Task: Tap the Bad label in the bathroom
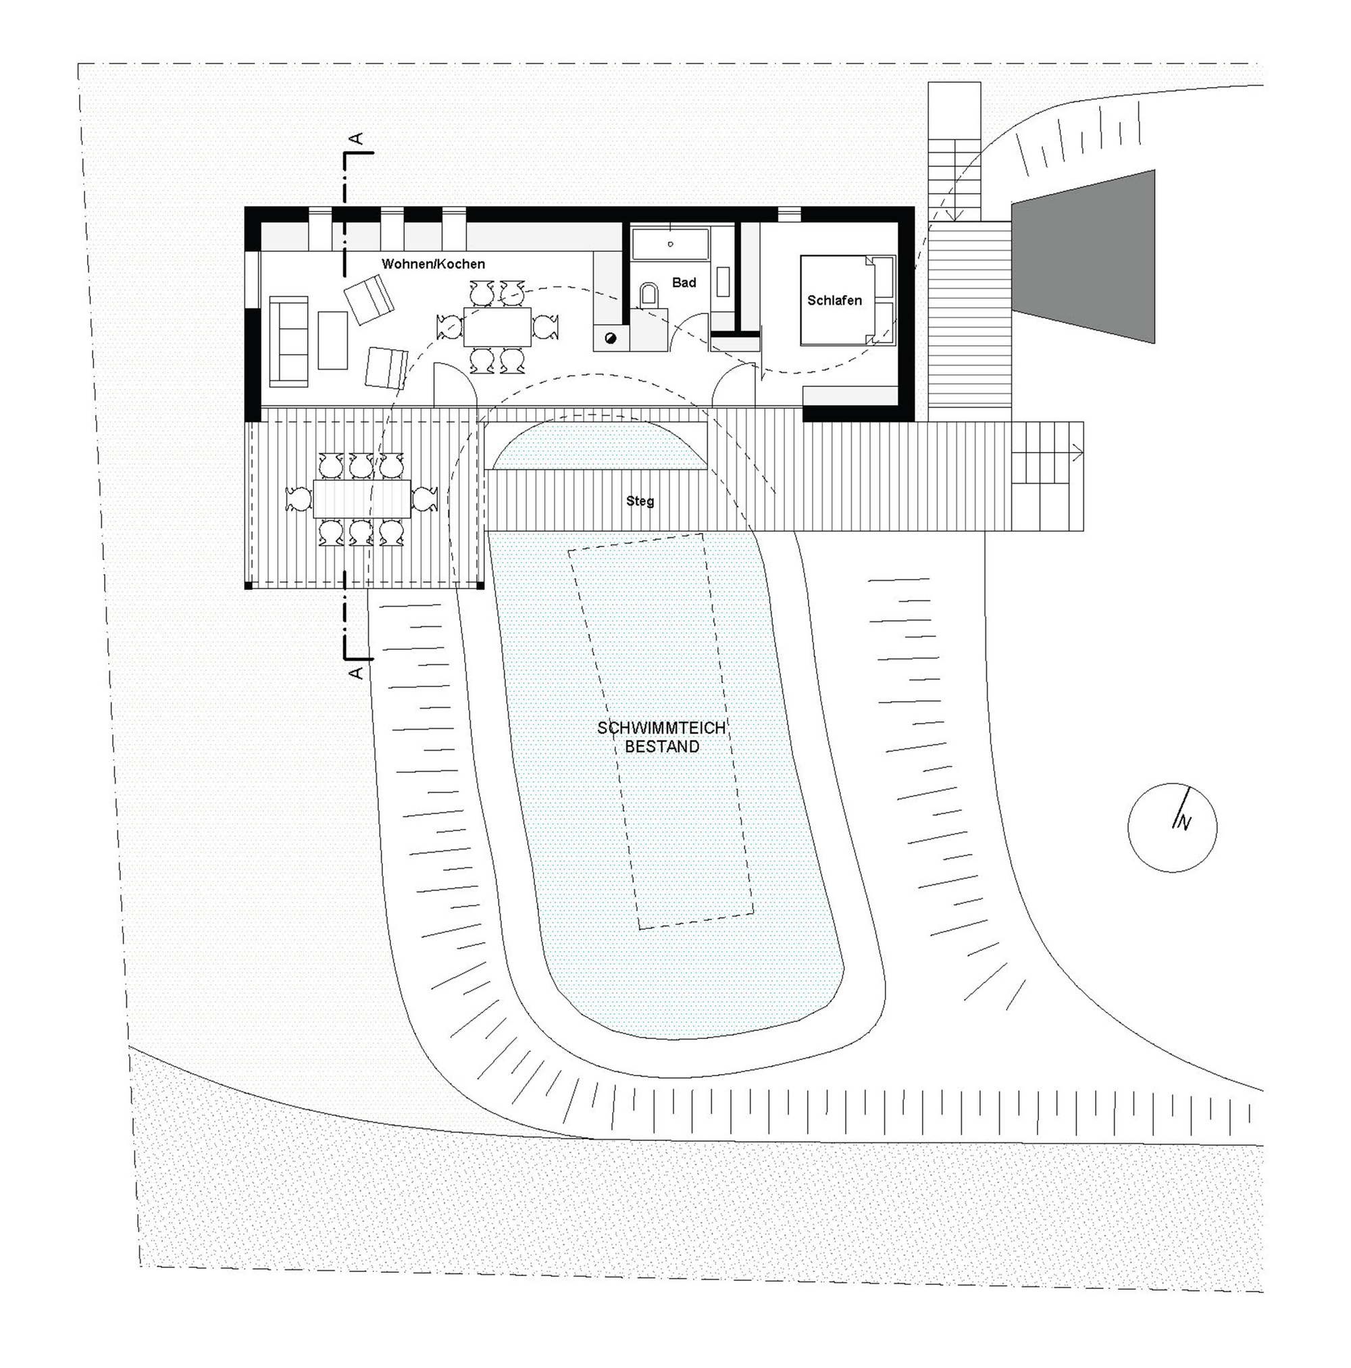(x=684, y=282)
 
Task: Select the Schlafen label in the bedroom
(x=834, y=300)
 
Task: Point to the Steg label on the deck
(x=640, y=501)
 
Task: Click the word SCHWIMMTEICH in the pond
(x=661, y=728)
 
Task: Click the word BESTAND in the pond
(x=661, y=747)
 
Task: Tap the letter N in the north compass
(x=1183, y=823)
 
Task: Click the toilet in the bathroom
(x=647, y=295)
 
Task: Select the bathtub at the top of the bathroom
(x=669, y=244)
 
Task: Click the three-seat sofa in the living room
(x=288, y=340)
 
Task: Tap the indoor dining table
(x=497, y=326)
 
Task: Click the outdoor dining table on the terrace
(x=362, y=499)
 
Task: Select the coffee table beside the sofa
(x=333, y=340)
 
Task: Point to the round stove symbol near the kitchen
(x=611, y=338)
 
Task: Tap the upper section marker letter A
(x=357, y=138)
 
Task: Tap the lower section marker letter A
(x=356, y=672)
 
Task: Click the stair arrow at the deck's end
(x=1076, y=453)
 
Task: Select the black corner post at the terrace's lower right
(x=481, y=586)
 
